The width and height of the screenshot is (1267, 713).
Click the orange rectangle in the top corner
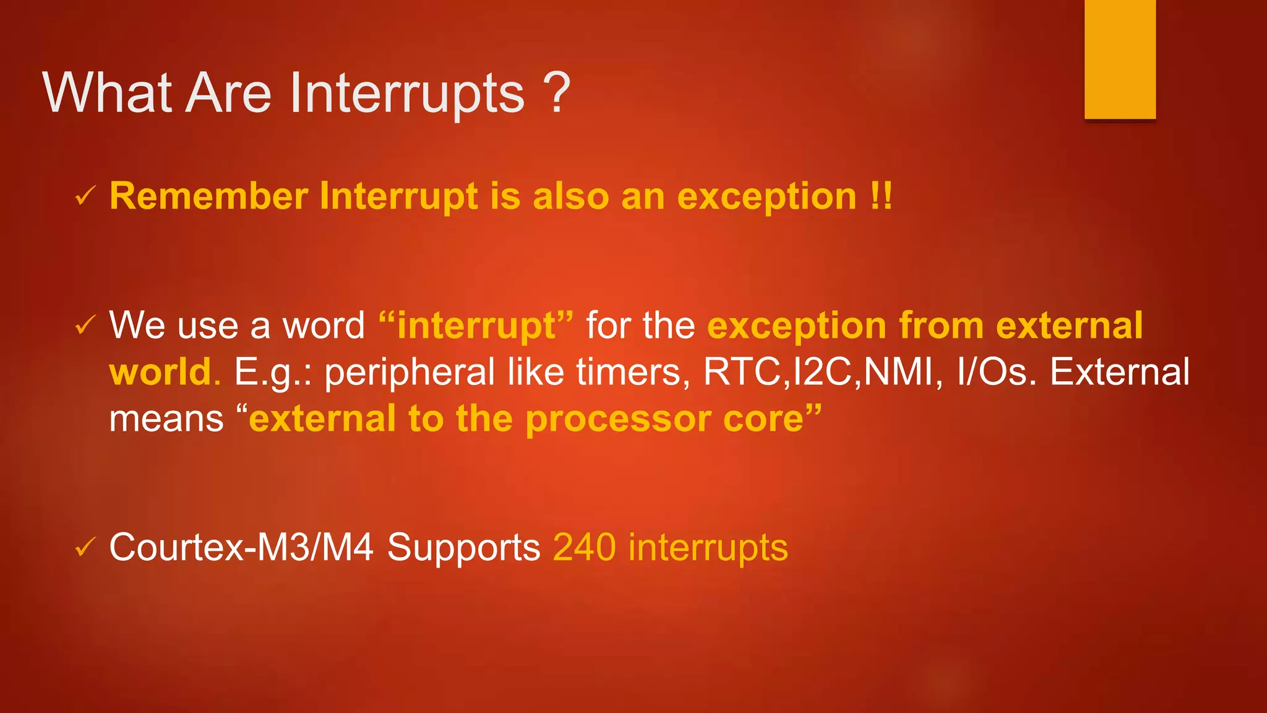[x=1120, y=59]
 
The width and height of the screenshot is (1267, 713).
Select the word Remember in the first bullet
[x=208, y=197]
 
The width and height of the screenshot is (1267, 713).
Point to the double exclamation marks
[x=881, y=197]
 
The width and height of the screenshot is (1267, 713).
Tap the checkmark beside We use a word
[x=85, y=325]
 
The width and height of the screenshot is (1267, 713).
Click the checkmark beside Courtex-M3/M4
[x=85, y=547]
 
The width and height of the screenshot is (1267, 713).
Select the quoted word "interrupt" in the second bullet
[x=476, y=326]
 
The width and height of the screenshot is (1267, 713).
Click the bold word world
[x=161, y=372]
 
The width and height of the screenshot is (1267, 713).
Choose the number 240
[x=584, y=547]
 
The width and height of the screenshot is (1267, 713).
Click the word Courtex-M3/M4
[x=241, y=547]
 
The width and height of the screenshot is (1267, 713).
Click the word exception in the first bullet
[x=767, y=197]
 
